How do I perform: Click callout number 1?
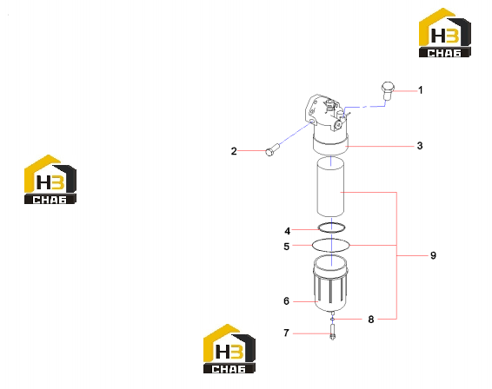421,90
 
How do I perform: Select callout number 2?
234,151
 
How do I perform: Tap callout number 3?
420,146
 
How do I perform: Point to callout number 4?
288,231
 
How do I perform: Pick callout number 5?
287,247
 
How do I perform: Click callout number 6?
286,301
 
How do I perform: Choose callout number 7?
286,333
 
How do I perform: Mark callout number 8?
371,320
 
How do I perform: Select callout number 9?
433,255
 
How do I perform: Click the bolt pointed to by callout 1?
388,91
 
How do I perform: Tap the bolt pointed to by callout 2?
273,149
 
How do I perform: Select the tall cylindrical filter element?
330,188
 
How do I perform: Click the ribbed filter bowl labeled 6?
330,284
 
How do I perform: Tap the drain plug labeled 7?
332,333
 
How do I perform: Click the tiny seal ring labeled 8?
332,319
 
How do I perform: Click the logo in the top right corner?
445,33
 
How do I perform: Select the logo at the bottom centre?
229,348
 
